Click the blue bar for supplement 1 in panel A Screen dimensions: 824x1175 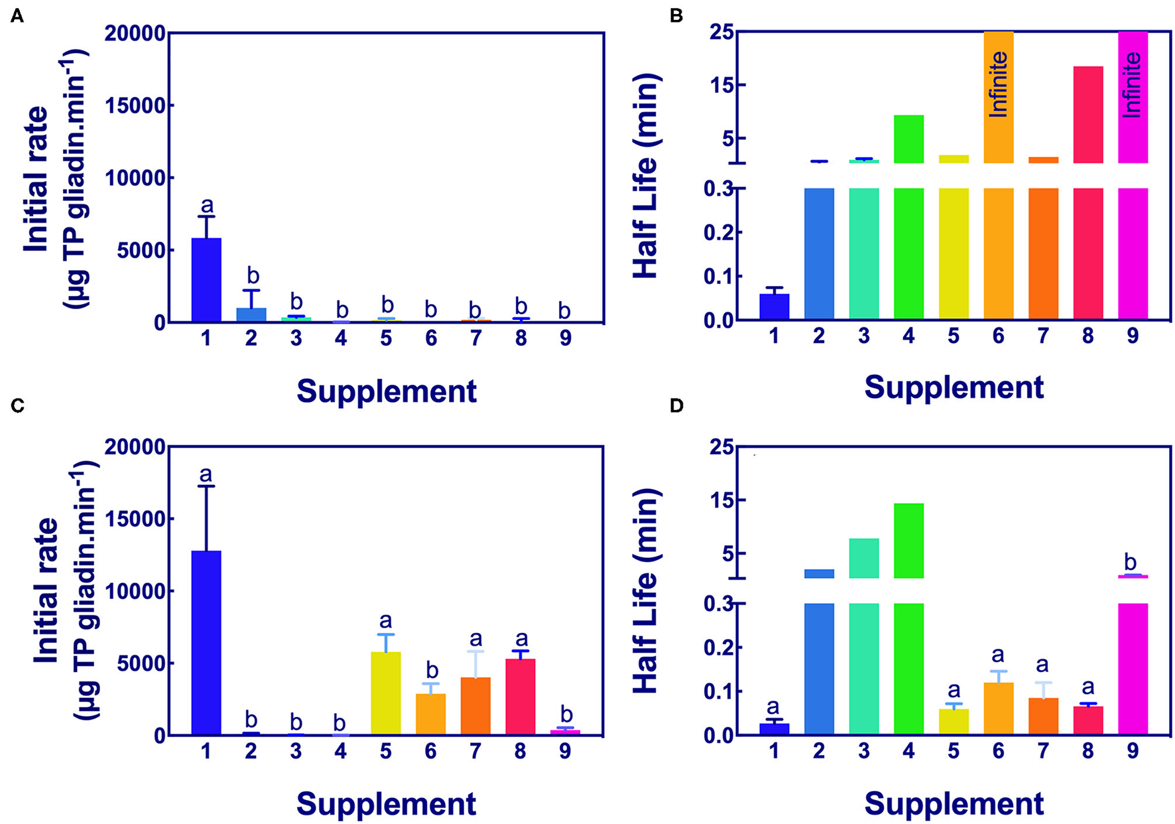click(206, 281)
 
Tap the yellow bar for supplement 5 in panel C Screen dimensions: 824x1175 click(386, 693)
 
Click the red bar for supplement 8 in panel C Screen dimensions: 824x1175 click(521, 697)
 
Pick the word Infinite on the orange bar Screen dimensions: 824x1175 click(998, 84)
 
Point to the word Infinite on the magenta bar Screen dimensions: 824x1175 click(1133, 85)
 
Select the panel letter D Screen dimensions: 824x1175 click(676, 406)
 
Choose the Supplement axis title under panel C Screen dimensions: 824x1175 click(386, 803)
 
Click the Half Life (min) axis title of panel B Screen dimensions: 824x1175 click(645, 176)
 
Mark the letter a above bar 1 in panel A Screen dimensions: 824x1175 click(206, 205)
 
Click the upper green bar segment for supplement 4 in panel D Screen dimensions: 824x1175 click(908, 541)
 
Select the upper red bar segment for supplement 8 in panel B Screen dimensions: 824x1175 click(1087, 114)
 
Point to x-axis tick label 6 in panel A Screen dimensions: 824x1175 click(431, 339)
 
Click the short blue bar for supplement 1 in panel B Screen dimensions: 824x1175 click(774, 307)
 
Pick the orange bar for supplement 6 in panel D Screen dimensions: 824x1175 click(998, 709)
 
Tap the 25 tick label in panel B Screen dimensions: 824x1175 click(721, 33)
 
